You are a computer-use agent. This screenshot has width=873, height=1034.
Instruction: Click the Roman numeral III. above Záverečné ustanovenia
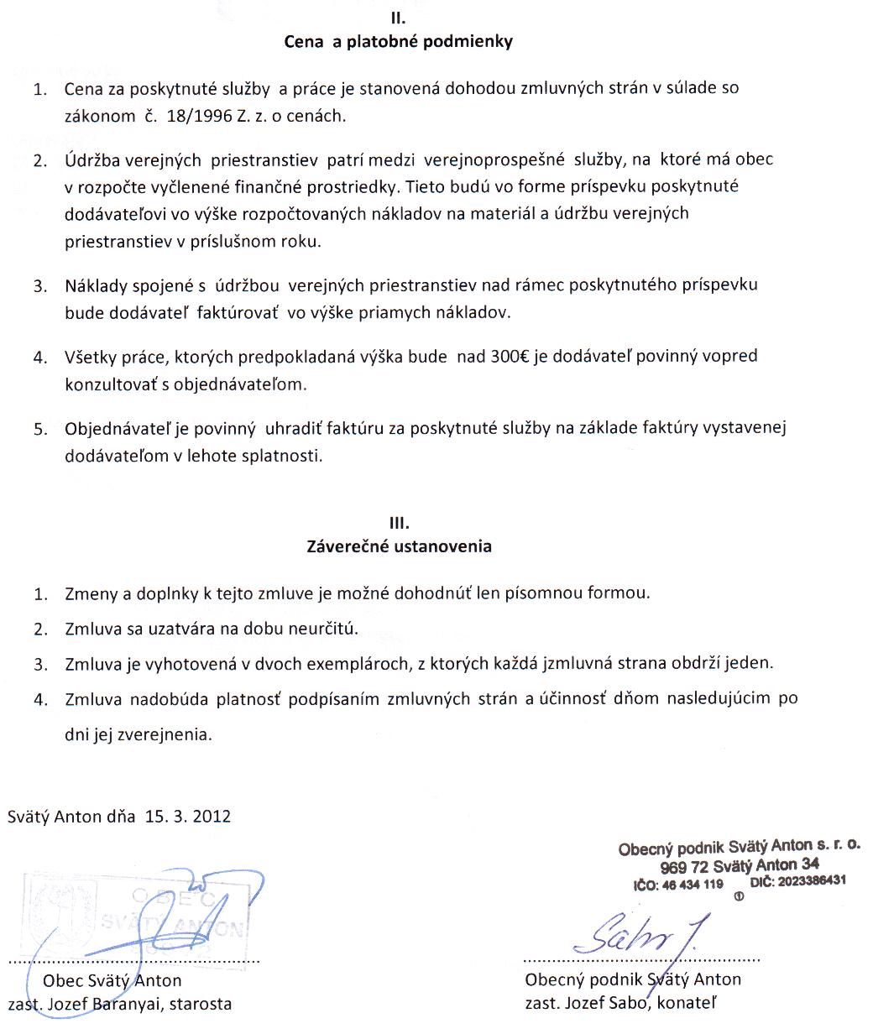click(397, 522)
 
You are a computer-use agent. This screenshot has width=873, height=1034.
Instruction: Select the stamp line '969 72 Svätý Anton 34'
click(740, 866)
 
